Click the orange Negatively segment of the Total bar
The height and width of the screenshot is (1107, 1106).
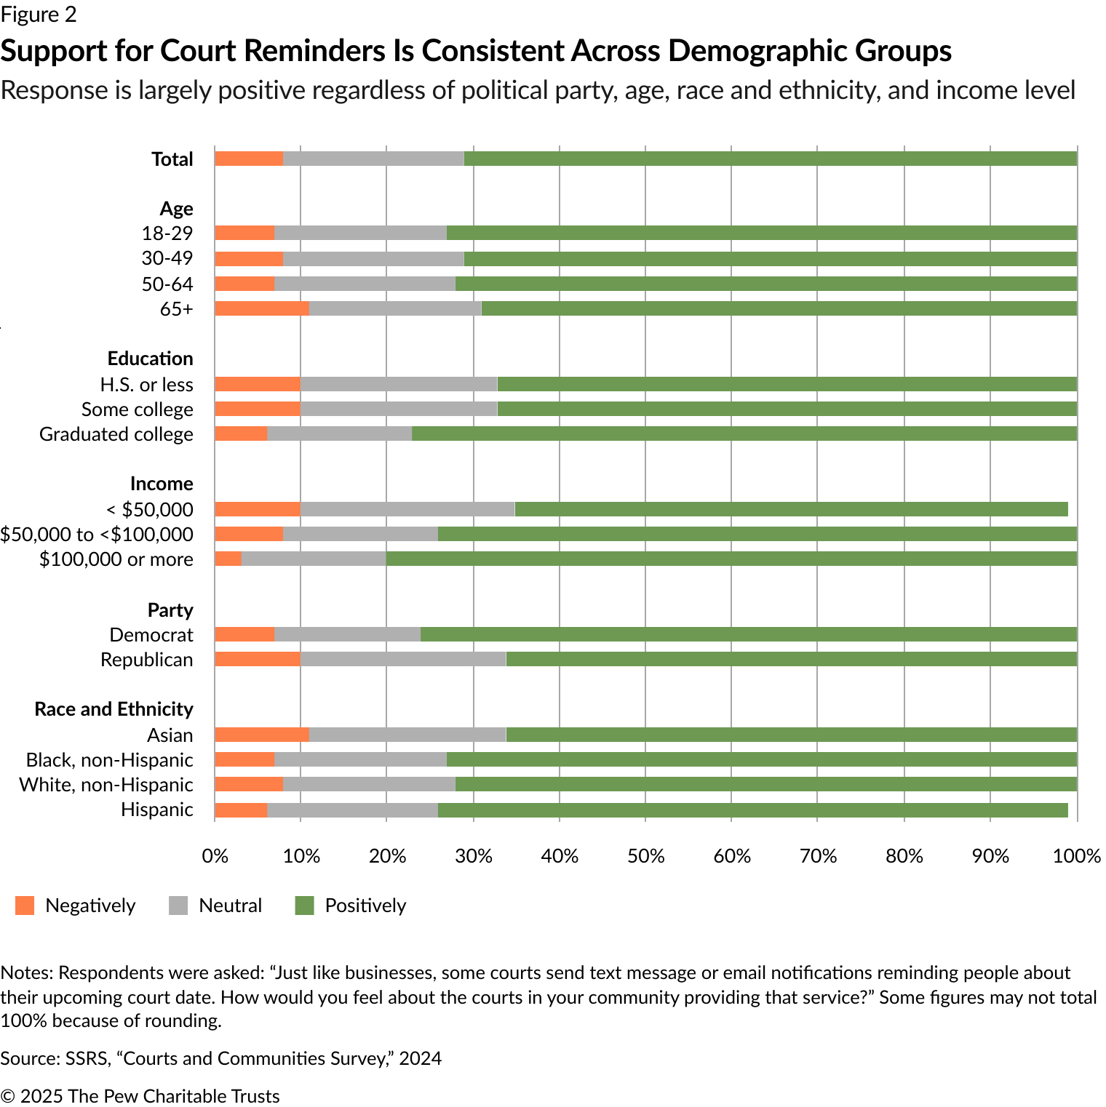pyautogui.click(x=249, y=159)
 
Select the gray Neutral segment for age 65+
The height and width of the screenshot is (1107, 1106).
pyautogui.click(x=395, y=308)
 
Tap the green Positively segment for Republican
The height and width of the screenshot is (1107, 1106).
pyautogui.click(x=791, y=660)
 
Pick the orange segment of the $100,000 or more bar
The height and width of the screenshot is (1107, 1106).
pyautogui.click(x=228, y=559)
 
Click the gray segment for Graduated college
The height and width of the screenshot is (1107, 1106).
pyautogui.click(x=339, y=433)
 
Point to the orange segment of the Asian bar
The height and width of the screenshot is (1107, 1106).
pyautogui.click(x=262, y=735)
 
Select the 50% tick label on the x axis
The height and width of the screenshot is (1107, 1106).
pyautogui.click(x=646, y=856)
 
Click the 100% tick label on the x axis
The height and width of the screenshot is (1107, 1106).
pyautogui.click(x=1077, y=856)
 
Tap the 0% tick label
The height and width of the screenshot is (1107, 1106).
pyautogui.click(x=215, y=856)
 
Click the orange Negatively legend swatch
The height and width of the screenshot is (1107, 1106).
pyautogui.click(x=25, y=906)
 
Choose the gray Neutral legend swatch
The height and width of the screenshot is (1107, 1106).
pyautogui.click(x=178, y=906)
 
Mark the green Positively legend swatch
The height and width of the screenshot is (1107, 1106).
pyautogui.click(x=304, y=906)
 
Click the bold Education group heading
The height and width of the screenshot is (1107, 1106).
pyautogui.click(x=150, y=359)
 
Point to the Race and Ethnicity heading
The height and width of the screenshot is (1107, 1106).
pyautogui.click(x=114, y=709)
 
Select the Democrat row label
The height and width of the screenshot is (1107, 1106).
pyautogui.click(x=151, y=635)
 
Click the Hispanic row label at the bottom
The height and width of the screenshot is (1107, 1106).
pyautogui.click(x=157, y=810)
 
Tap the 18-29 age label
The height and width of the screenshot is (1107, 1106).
pyautogui.click(x=167, y=233)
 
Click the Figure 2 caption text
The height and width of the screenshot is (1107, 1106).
pyautogui.click(x=39, y=15)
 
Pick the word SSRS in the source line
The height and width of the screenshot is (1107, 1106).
pyautogui.click(x=86, y=1058)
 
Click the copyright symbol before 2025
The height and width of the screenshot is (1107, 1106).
pyautogui.click(x=7, y=1096)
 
